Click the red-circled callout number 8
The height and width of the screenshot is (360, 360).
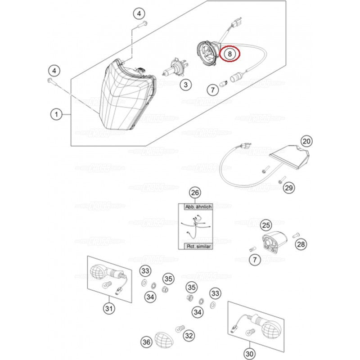tap(230, 54)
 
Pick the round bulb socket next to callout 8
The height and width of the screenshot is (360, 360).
tap(207, 50)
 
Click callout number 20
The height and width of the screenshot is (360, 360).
tap(306, 142)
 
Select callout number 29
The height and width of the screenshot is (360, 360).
tap(288, 188)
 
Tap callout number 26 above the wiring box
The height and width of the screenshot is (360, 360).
tap(194, 193)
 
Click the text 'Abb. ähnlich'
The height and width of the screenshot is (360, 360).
tap(198, 207)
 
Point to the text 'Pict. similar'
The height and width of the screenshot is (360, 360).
tap(198, 247)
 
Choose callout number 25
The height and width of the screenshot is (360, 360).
tap(266, 225)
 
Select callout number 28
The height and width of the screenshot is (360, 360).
tap(300, 244)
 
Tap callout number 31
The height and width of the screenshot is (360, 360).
tap(108, 308)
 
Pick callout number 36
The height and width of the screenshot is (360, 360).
tap(146, 342)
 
